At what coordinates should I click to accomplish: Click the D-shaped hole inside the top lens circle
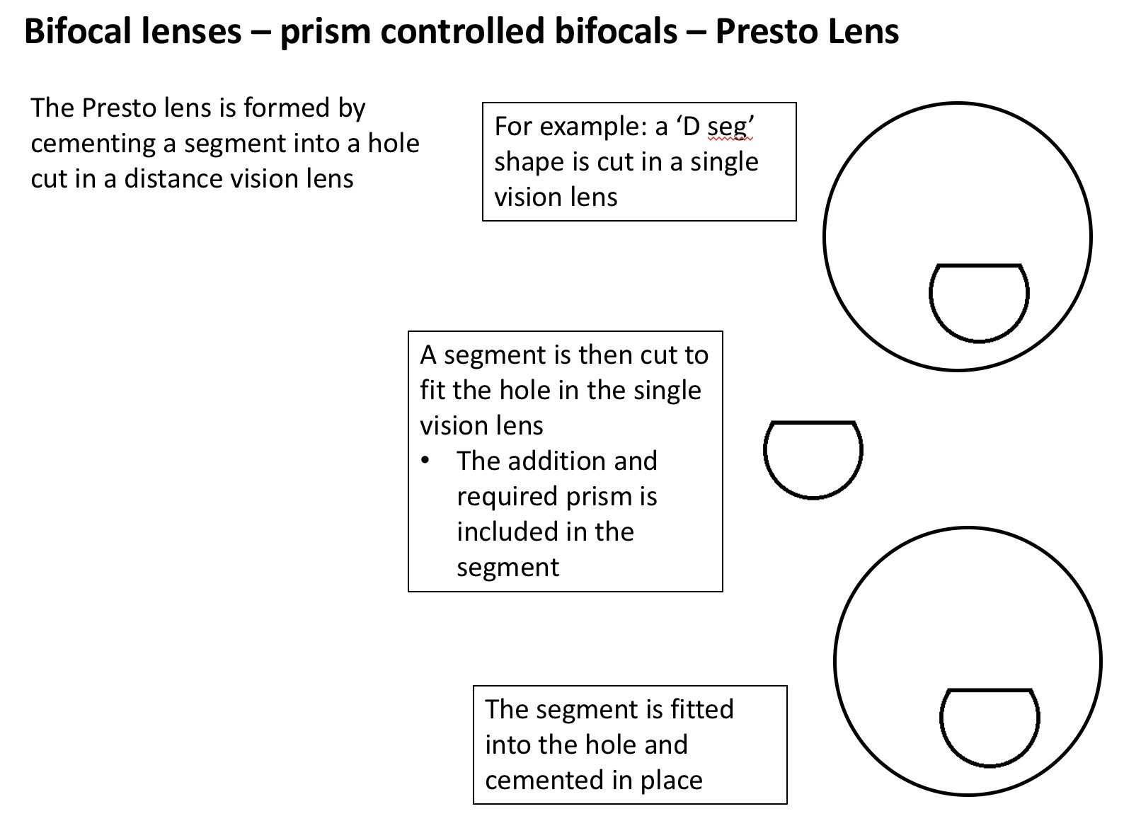coord(979,301)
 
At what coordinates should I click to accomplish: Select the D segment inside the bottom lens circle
coord(990,726)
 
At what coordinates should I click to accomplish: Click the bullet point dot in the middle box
coord(425,461)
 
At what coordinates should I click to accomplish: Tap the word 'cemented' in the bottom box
coord(544,780)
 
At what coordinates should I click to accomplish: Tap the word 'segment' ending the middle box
coord(507,567)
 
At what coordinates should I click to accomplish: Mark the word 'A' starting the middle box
coord(428,355)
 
